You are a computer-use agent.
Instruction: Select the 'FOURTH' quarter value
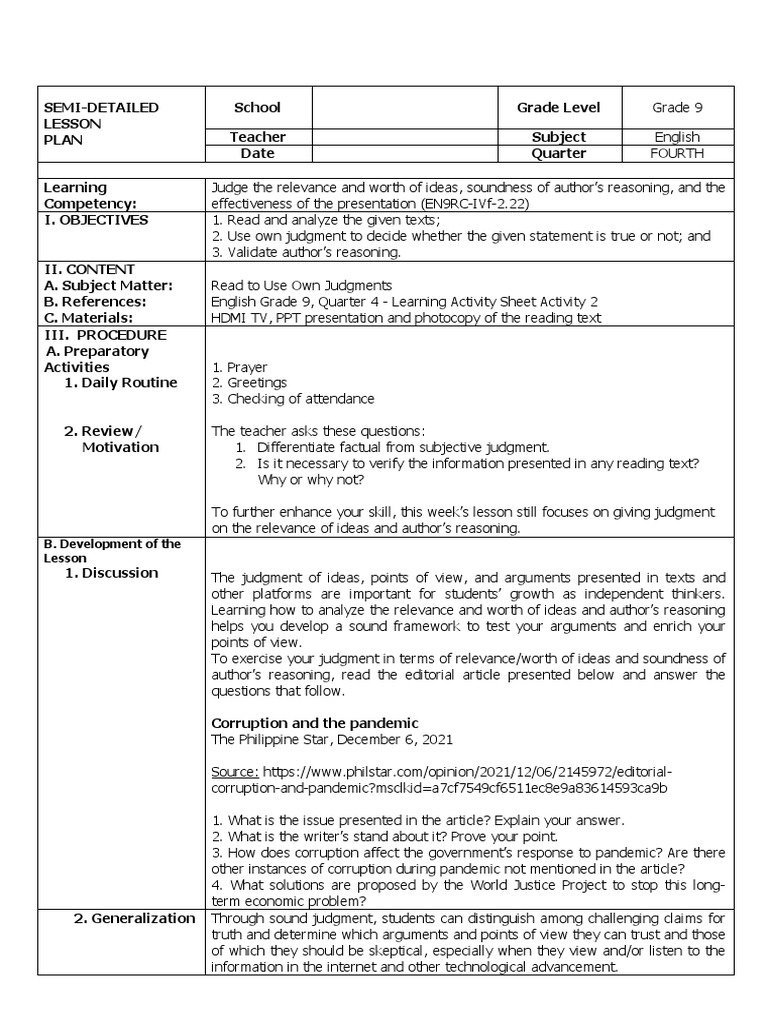[676, 153]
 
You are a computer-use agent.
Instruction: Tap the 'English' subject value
[676, 137]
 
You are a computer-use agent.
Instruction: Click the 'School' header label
[257, 107]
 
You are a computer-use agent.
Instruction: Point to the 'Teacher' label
[257, 137]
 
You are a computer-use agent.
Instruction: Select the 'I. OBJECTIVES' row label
[96, 219]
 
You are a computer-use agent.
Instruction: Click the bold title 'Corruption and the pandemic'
[314, 722]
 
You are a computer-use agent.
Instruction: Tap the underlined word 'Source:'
[237, 772]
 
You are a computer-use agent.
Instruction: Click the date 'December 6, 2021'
[393, 739]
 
